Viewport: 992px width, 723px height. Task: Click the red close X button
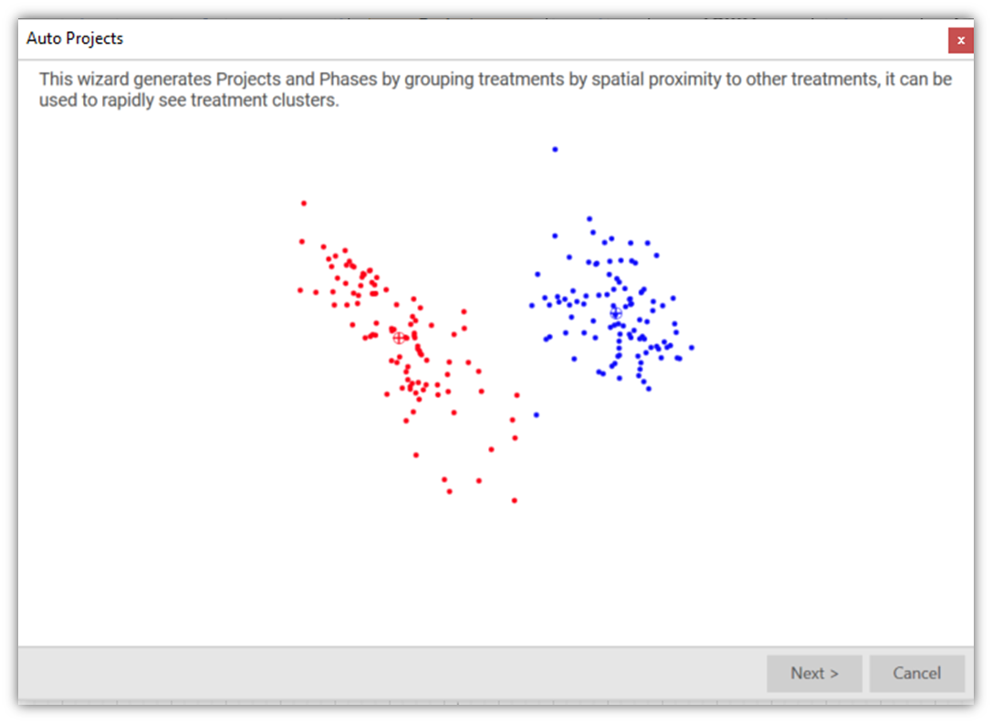(960, 40)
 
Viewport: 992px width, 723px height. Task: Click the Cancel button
(917, 673)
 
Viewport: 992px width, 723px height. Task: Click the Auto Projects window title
(75, 38)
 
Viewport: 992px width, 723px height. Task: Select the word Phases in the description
(348, 79)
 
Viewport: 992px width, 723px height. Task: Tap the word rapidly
(128, 101)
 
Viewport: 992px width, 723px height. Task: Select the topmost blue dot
(555, 150)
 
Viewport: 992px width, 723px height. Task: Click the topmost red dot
(304, 204)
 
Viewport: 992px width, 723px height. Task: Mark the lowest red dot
(515, 500)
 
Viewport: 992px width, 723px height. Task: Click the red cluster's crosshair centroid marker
(399, 338)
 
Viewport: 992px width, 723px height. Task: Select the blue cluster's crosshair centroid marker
(616, 313)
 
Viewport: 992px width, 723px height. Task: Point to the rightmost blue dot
(692, 348)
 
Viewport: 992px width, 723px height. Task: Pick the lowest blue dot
(537, 414)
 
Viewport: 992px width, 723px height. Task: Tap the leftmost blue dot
(532, 306)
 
